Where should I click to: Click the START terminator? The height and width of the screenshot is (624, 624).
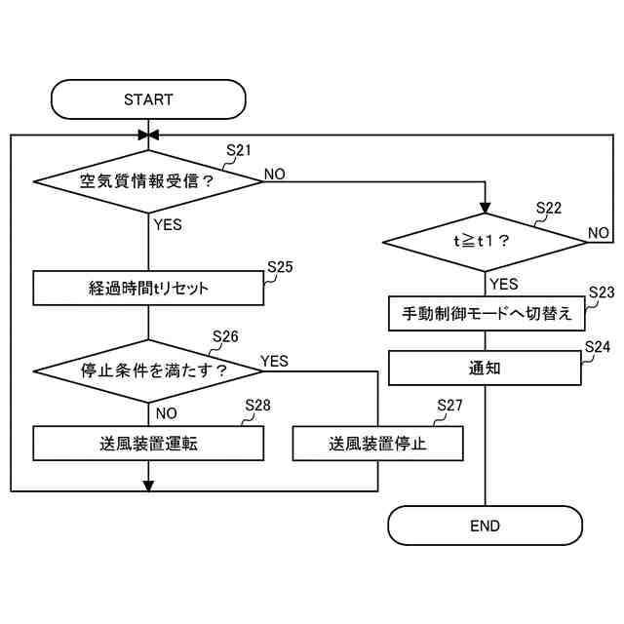[x=148, y=99]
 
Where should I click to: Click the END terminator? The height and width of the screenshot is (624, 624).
[x=485, y=526]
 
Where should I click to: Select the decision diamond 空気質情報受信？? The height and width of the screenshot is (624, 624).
[x=148, y=181]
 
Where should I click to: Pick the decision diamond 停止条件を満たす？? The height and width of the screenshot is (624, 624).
[x=148, y=370]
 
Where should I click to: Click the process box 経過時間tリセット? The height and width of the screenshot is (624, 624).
[x=148, y=289]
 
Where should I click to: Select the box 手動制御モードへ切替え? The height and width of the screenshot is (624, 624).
[x=485, y=315]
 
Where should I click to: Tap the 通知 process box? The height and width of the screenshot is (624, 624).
[x=485, y=369]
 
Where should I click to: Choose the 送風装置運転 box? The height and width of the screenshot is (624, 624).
[x=148, y=443]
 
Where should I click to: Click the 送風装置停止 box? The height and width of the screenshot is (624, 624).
[x=377, y=444]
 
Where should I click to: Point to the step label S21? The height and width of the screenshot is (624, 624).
[x=239, y=150]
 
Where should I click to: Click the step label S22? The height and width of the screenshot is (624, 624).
[x=549, y=208]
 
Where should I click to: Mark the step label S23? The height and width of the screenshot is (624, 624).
[x=602, y=292]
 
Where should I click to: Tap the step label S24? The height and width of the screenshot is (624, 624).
[x=598, y=346]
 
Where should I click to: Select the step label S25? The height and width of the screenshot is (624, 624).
[x=280, y=266]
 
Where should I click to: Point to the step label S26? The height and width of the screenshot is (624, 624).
[x=225, y=336]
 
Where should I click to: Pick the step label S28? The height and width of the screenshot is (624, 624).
[x=257, y=405]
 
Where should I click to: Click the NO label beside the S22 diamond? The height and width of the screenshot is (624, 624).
[x=599, y=233]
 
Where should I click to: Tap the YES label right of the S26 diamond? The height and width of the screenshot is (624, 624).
[x=275, y=361]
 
